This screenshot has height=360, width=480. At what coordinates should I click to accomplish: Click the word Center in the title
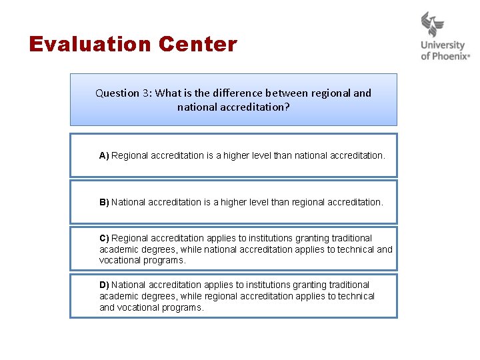[x=198, y=45]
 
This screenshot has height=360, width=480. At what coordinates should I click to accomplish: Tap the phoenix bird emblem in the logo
[x=432, y=25]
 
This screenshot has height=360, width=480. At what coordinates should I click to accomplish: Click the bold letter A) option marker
[x=104, y=155]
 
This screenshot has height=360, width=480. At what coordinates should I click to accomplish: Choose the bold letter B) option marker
[x=104, y=202]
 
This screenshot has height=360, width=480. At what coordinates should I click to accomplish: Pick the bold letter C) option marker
[x=104, y=238]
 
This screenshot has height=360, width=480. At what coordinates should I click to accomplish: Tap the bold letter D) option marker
[x=104, y=285]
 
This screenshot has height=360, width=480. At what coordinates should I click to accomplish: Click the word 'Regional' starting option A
[x=129, y=155]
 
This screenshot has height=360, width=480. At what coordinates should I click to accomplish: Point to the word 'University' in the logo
[x=443, y=46]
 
